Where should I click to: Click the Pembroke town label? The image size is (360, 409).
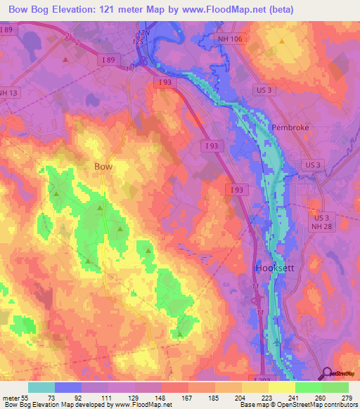pyautogui.click(x=290, y=128)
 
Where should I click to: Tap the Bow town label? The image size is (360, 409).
pyautogui.click(x=103, y=167)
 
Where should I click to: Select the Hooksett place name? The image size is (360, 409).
pyautogui.click(x=274, y=268)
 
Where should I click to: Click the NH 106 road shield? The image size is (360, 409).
pyautogui.click(x=229, y=39)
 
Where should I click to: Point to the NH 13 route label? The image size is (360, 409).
pyautogui.click(x=8, y=92)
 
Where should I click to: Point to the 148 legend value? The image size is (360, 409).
pyautogui.click(x=159, y=398)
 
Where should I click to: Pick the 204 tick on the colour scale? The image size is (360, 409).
pyautogui.click(x=239, y=398)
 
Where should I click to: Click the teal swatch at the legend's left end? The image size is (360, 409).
pyautogui.click(x=41, y=387)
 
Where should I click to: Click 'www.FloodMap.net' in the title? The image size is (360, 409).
pyautogui.click(x=224, y=9)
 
